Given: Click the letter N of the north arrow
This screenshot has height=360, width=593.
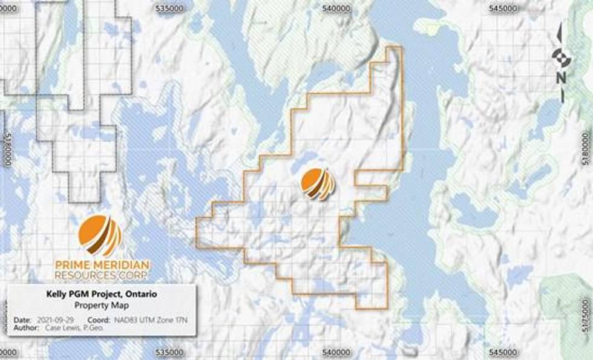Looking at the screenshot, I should (561, 77).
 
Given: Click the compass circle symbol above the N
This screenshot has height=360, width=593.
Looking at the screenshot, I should (560, 57).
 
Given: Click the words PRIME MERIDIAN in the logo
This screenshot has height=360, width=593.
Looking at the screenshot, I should (102, 265).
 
